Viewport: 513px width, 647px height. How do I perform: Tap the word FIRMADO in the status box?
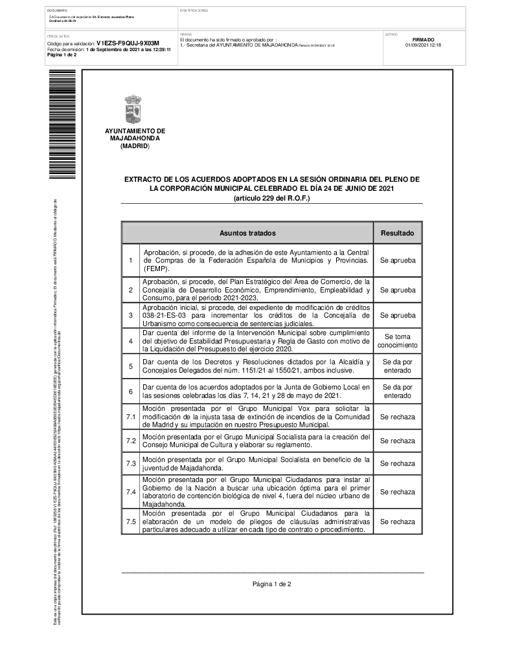[x=423, y=39]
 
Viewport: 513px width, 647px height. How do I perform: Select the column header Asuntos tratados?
[x=247, y=233]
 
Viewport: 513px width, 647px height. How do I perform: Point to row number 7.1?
[x=131, y=417]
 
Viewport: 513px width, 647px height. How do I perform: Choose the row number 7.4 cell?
[x=131, y=492]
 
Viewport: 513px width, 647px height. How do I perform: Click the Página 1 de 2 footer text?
[x=272, y=584]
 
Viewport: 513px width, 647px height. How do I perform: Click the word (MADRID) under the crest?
[x=135, y=146]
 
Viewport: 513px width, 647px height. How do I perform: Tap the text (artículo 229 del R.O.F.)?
[x=272, y=198]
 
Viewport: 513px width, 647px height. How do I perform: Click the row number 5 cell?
[x=131, y=366]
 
